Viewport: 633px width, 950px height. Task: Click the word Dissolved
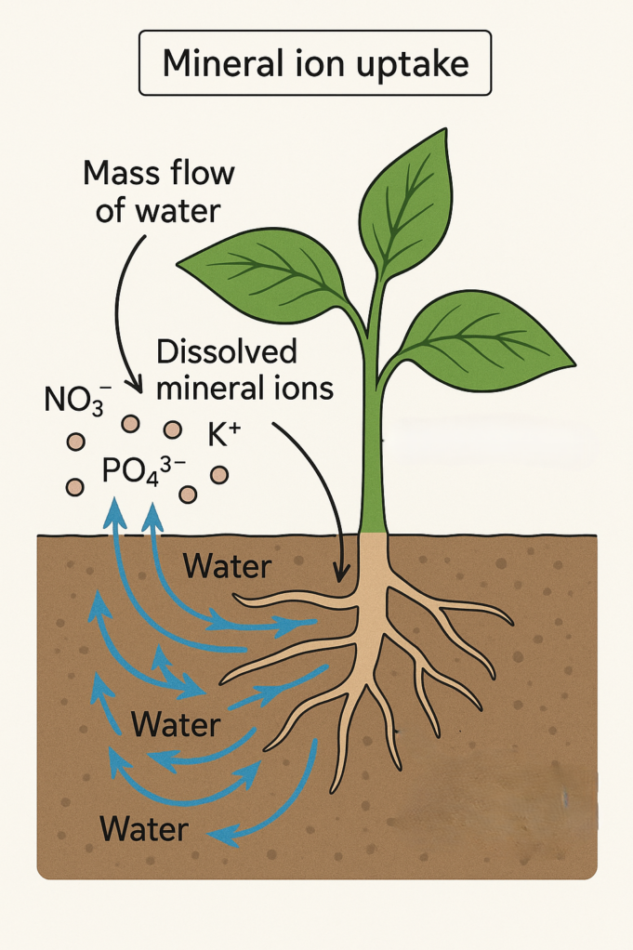point(227,352)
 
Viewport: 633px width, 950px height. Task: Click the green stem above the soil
point(374,437)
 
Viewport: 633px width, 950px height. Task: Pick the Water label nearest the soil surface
point(228,566)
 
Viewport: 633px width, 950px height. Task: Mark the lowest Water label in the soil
point(144,827)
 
